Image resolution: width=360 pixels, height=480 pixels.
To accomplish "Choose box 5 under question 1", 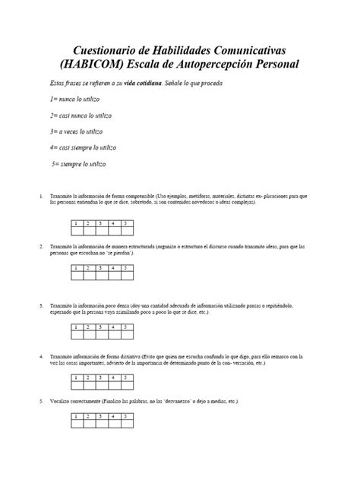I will (x=127, y=223).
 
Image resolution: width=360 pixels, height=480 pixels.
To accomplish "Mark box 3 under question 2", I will (x=102, y=268).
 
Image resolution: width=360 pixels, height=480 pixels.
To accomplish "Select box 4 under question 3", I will (x=114, y=327).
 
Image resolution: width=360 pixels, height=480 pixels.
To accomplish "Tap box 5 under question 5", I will (x=127, y=417).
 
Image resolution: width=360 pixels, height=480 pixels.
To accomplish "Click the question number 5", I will (x=40, y=400).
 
